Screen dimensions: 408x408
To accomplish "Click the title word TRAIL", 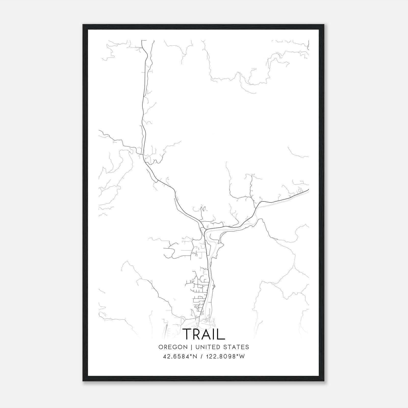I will click(x=204, y=334).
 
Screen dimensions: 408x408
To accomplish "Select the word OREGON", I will click(x=173, y=347).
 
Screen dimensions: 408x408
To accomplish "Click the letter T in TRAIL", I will click(x=187, y=334).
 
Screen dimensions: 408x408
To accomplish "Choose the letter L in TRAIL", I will click(x=221, y=334).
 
